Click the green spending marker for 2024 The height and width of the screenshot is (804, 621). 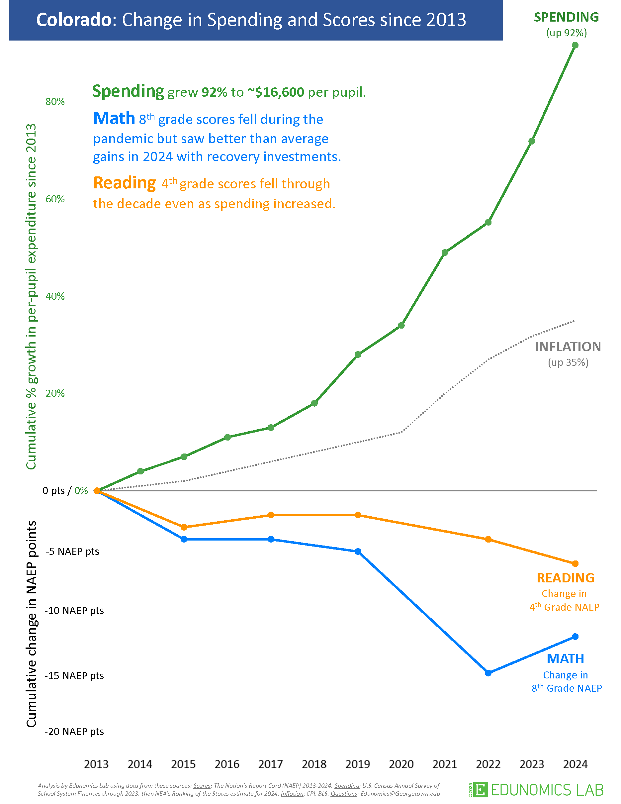[575, 45]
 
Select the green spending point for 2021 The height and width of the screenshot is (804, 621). [445, 252]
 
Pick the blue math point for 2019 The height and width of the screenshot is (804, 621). [358, 552]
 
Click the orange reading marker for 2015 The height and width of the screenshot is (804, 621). [184, 527]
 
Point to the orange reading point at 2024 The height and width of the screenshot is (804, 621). [575, 563]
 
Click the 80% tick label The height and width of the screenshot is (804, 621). [55, 102]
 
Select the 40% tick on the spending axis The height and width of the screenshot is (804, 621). [55, 296]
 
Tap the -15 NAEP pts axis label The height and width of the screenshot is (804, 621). [74, 675]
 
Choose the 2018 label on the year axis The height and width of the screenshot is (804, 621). [314, 764]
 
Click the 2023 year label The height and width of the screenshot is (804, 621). [532, 764]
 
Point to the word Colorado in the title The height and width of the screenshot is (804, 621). [74, 20]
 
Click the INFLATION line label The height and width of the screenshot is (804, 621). [568, 347]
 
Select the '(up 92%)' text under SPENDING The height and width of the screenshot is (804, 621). [567, 33]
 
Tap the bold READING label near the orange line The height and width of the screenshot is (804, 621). [566, 578]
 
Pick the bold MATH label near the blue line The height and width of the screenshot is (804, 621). [566, 658]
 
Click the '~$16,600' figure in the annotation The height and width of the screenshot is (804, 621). [276, 92]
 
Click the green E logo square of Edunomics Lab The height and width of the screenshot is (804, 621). [481, 790]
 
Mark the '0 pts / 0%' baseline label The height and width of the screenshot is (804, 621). [65, 491]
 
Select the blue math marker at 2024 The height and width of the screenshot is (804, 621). [575, 637]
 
